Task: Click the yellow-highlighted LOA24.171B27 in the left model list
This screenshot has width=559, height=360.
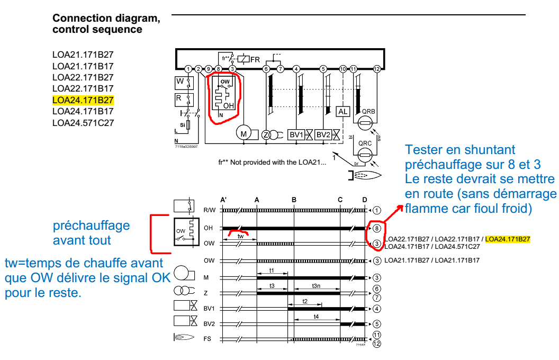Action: tap(83, 100)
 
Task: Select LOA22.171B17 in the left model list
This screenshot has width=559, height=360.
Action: tap(83, 88)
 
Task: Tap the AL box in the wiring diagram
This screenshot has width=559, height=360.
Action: tap(343, 112)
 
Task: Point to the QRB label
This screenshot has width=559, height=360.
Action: tap(368, 112)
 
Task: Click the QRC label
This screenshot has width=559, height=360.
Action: tap(365, 143)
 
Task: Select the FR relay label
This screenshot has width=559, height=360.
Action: tap(255, 59)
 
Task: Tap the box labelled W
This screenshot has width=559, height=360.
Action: tap(181, 82)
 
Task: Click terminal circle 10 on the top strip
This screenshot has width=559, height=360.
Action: tap(342, 69)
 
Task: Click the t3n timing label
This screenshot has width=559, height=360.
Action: tap(316, 285)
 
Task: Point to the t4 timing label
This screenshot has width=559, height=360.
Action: tap(316, 317)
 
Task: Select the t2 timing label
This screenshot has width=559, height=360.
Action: tap(305, 301)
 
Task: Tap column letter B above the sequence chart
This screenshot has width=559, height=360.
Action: tap(294, 200)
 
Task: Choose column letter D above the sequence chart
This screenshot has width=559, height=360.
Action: tap(364, 200)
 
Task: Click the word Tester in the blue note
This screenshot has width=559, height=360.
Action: tap(424, 150)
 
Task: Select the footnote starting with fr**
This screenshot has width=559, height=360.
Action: tap(272, 162)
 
